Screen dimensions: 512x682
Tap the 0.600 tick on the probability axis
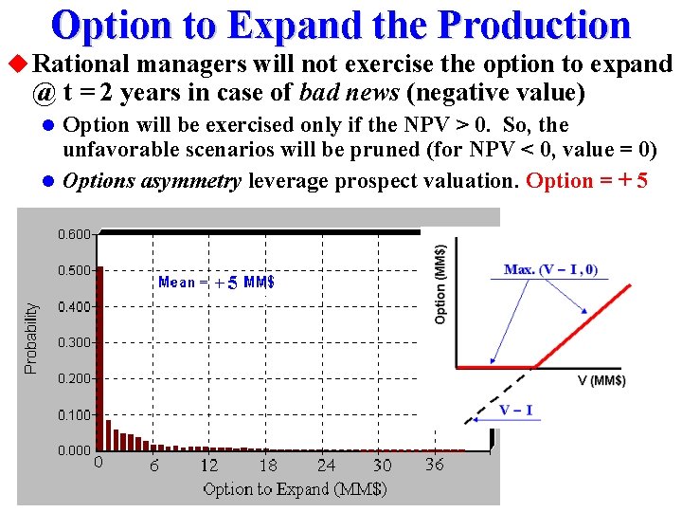(74, 233)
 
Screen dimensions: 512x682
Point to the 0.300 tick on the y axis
(74, 342)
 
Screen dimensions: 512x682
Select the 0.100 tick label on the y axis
(74, 414)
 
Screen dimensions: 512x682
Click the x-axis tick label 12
(208, 466)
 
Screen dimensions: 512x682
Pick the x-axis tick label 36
(434, 465)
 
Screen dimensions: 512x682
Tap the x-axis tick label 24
(326, 466)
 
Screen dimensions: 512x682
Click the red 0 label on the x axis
(99, 464)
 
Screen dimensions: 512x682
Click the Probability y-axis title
(32, 338)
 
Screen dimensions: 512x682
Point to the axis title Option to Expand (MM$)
(295, 489)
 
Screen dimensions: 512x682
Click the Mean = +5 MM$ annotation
(216, 282)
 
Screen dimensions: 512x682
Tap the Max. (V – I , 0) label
(550, 270)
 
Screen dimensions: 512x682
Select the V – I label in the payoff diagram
(516, 411)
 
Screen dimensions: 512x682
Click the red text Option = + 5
(586, 181)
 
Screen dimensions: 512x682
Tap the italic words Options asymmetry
(152, 181)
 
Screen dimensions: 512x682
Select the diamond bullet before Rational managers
(16, 64)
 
